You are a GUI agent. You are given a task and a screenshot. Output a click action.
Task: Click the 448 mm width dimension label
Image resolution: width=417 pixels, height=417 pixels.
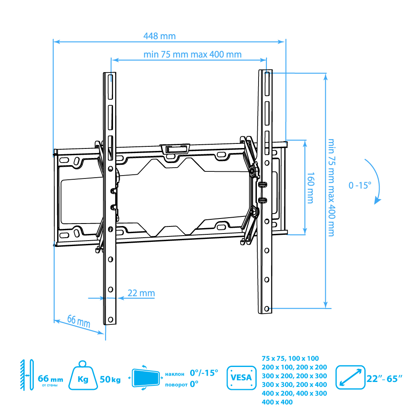(159, 36)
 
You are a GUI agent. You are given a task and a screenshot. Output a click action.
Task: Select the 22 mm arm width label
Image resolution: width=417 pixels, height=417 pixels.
(141, 293)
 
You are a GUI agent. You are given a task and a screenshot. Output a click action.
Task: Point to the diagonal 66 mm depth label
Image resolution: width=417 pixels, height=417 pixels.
(79, 321)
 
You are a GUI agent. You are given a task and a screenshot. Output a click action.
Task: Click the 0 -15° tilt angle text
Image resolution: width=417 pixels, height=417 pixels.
(359, 185)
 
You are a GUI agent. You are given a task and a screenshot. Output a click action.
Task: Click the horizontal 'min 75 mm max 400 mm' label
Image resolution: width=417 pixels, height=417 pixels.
(192, 55)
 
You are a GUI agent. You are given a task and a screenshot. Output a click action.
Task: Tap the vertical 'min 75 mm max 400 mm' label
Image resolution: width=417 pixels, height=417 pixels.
(331, 187)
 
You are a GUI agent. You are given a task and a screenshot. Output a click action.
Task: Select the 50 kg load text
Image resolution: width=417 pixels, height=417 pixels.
(110, 380)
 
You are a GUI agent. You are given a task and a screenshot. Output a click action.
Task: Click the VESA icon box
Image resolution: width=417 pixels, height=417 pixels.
(241, 377)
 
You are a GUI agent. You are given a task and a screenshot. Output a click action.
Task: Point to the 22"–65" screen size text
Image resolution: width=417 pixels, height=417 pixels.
(384, 379)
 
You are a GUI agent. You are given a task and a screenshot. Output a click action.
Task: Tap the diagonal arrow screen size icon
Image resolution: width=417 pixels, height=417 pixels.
(350, 377)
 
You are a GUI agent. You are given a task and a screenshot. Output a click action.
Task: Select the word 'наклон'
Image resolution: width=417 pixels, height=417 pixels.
(174, 374)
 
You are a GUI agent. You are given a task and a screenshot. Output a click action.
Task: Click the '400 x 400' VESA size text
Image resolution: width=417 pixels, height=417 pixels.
(277, 402)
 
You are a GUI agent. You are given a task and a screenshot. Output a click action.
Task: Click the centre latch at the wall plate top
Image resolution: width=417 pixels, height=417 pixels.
(175, 148)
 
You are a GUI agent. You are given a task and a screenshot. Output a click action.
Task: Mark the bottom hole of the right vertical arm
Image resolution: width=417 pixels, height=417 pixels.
(266, 309)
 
